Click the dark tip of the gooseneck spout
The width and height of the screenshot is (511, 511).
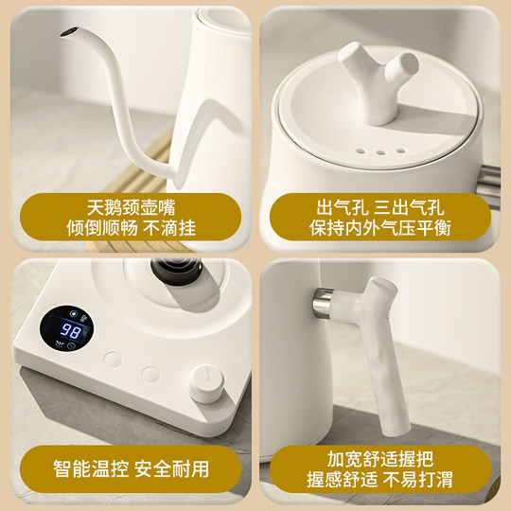tap(66, 35)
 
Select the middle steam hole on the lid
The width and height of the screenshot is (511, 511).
tap(378, 150)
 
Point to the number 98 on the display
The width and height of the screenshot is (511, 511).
tap(70, 330)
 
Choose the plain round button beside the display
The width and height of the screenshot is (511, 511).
tap(114, 360)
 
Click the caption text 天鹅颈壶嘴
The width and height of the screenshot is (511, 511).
tap(128, 206)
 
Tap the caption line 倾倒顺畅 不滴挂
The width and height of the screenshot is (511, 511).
tap(128, 229)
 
